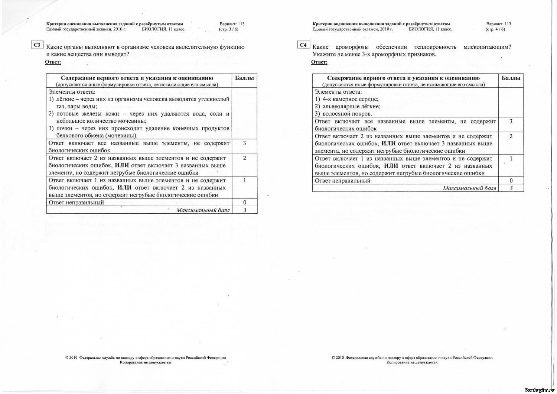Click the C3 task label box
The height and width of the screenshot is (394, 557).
point(37,45)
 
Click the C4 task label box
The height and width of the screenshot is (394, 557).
point(303,45)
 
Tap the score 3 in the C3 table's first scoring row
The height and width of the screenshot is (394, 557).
point(244,143)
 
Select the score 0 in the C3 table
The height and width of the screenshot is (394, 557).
point(245,203)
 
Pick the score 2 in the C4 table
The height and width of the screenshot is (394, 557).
point(511,136)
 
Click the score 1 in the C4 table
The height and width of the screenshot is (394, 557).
point(511,159)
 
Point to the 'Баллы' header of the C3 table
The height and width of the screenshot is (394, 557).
point(244,78)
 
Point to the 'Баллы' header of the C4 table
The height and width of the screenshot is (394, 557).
point(511,78)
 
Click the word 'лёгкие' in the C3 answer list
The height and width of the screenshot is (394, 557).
point(65,99)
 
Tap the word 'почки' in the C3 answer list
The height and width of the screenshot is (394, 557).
point(64,129)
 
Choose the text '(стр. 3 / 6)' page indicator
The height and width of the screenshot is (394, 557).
point(228,29)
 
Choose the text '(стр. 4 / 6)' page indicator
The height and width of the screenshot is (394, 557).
point(495,29)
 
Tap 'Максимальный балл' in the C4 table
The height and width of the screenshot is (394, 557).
point(469,188)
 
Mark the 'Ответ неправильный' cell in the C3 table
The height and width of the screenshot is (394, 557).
point(76,203)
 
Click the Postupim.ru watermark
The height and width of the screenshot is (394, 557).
point(540,390)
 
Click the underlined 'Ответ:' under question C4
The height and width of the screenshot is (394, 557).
point(319,62)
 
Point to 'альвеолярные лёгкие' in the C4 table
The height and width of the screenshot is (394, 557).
point(351,107)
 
